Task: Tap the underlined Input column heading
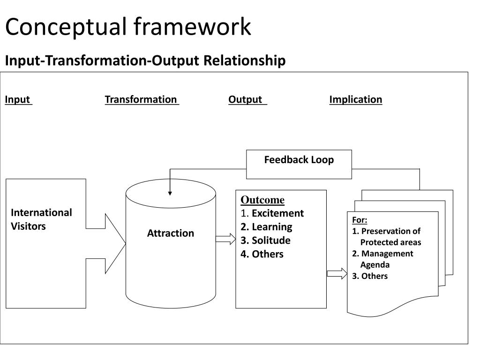click(x=18, y=99)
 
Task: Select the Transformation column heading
click(x=141, y=99)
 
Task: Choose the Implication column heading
click(x=356, y=99)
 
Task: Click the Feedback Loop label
click(x=299, y=159)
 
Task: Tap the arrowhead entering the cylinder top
click(x=170, y=194)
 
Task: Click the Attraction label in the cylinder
click(x=171, y=233)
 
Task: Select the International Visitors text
click(x=41, y=219)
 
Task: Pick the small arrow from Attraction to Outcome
click(x=225, y=239)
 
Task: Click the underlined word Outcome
click(x=262, y=200)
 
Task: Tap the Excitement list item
click(x=277, y=213)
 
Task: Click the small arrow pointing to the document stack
click(x=337, y=273)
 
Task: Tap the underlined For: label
click(x=360, y=220)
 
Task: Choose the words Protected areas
click(x=390, y=242)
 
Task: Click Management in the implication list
click(x=387, y=254)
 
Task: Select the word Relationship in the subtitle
click(x=244, y=60)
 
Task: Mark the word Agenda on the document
click(x=375, y=265)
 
